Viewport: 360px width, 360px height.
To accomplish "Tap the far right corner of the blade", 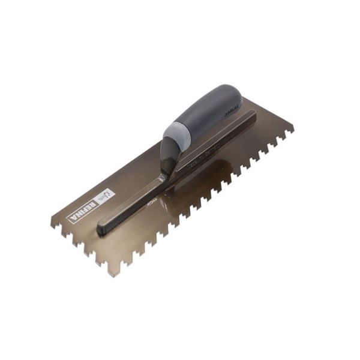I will pos(293,128).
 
